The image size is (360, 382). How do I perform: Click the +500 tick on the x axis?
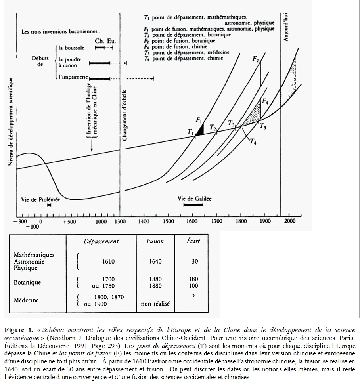point(69,222)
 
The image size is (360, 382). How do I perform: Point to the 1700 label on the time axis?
point(216,221)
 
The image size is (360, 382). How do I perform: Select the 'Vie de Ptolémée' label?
point(40,199)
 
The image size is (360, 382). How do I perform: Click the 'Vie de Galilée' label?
point(195,198)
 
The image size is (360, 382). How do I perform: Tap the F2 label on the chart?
point(256,59)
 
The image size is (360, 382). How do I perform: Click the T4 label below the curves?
point(253,143)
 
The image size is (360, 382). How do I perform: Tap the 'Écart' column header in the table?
point(193,241)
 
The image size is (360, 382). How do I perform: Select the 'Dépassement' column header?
point(101,241)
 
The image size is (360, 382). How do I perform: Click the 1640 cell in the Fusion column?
point(155,262)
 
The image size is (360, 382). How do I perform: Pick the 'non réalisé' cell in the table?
point(155,304)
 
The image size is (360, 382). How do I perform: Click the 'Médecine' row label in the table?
point(27,300)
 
